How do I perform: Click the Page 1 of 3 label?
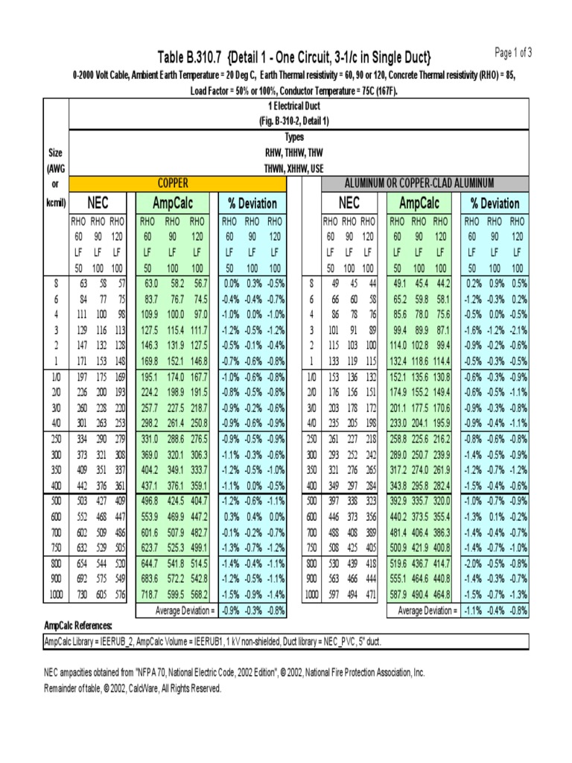click(513, 52)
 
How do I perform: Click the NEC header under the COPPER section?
click(98, 203)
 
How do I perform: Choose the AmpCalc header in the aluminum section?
click(420, 203)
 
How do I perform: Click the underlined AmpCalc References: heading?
click(78, 625)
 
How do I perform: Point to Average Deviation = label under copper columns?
click(185, 610)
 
